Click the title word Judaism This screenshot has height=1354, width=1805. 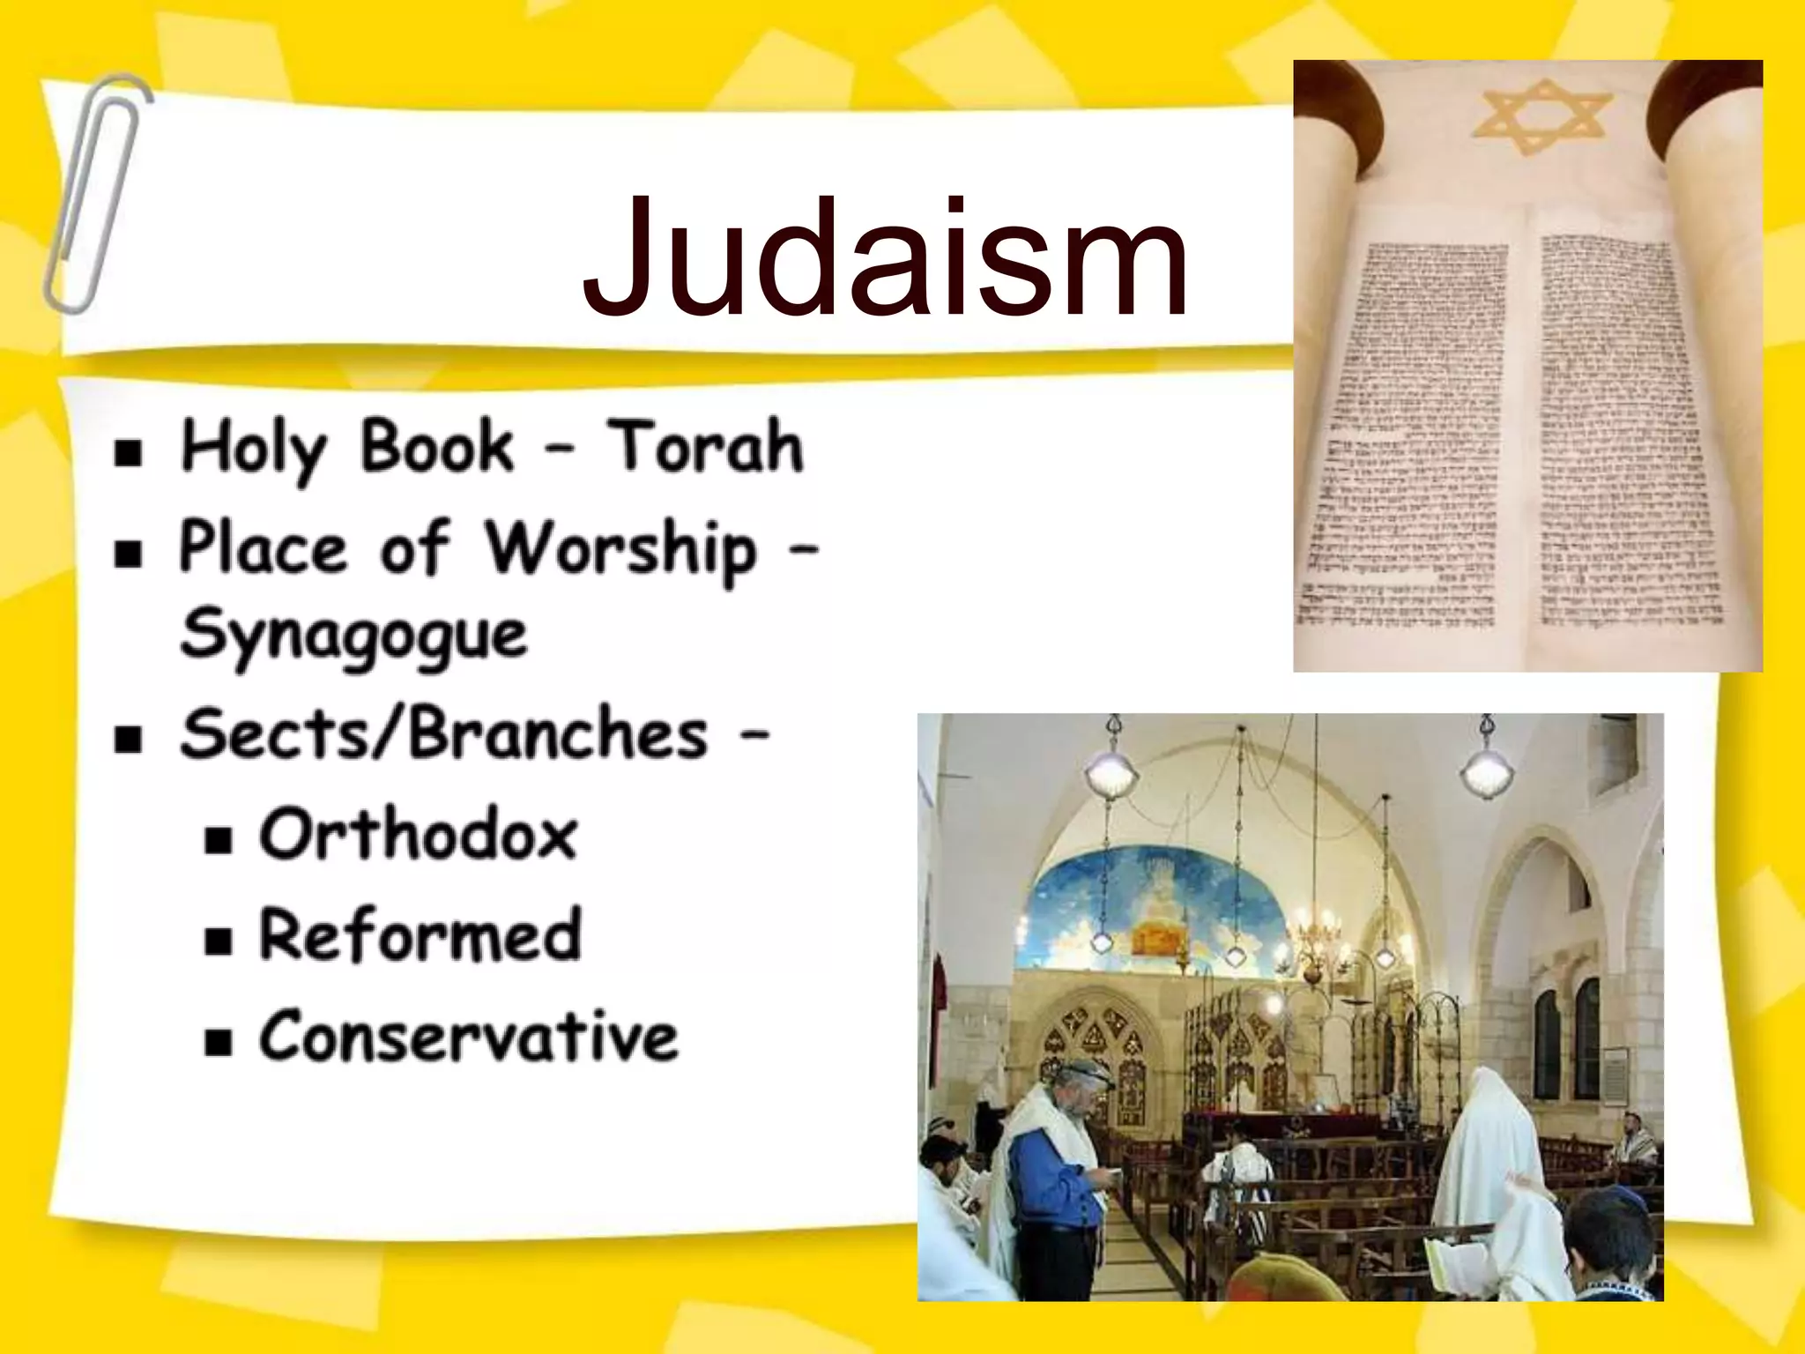886,257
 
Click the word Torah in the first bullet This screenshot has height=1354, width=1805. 705,448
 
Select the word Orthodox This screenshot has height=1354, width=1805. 419,835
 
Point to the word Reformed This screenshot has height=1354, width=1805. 420,935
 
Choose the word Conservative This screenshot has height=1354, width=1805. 468,1036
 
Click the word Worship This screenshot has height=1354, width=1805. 621,550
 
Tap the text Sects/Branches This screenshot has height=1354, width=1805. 443,735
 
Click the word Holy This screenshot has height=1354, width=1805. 254,450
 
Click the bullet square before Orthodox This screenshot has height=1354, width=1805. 218,839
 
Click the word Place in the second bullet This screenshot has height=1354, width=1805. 263,548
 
